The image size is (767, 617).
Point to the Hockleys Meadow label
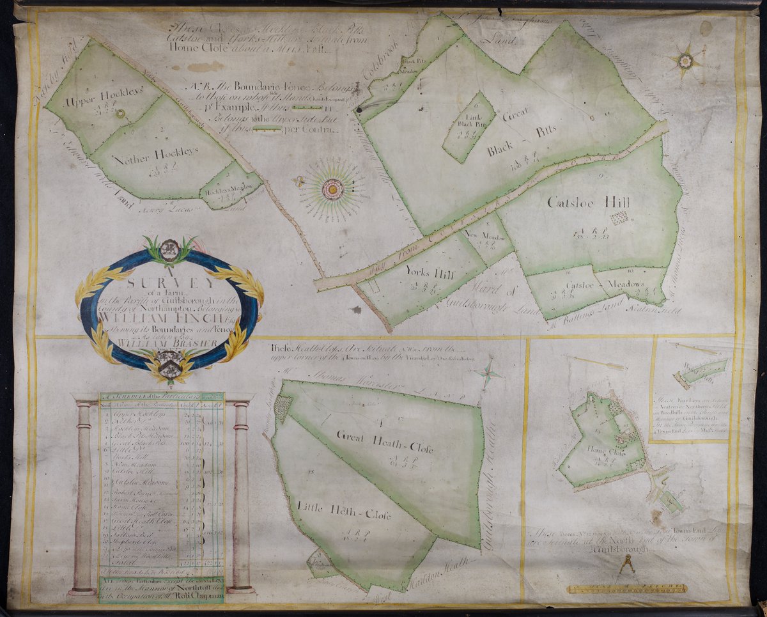pyautogui.click(x=231, y=187)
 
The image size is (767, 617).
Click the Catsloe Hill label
pyautogui.click(x=588, y=203)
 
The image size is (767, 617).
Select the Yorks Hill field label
pyautogui.click(x=430, y=272)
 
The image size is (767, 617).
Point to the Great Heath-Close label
pyautogui.click(x=385, y=442)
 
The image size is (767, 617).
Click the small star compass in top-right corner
pyautogui.click(x=686, y=61)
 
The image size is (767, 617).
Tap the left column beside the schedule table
pyautogui.click(x=83, y=496)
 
